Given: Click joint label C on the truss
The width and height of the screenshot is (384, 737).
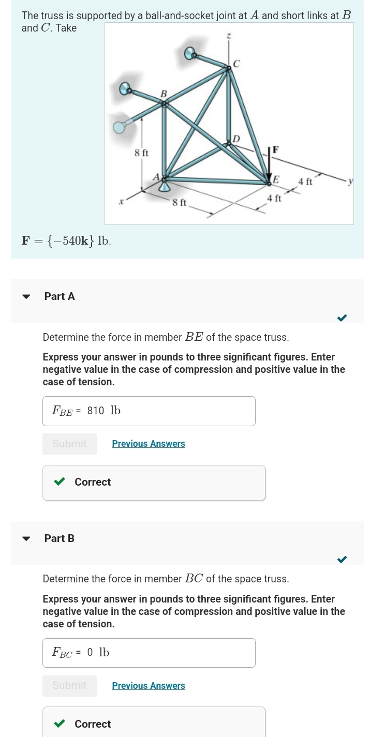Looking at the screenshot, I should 237,64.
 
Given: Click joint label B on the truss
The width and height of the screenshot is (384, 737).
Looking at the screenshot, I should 164,94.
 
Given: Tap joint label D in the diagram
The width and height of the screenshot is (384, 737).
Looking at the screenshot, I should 236,139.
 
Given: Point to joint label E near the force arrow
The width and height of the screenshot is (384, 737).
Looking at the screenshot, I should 276,179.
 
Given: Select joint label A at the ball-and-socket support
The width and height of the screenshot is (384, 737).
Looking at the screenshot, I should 155,177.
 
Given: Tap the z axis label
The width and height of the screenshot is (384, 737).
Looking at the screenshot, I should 228,36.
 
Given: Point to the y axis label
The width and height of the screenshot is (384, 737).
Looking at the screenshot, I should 350,181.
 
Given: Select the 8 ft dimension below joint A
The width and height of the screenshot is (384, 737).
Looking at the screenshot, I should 179,202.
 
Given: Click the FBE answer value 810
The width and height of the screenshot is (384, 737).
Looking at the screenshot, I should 96,411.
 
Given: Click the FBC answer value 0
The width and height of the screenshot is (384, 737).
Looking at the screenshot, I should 90,653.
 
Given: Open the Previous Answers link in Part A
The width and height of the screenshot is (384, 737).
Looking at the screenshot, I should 149,444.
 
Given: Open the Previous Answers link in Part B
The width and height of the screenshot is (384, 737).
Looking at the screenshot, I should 149,686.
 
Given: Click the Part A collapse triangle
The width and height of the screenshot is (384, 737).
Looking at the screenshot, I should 26,296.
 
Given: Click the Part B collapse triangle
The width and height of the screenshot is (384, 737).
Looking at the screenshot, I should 26,538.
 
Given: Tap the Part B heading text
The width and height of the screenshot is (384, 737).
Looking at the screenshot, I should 60,538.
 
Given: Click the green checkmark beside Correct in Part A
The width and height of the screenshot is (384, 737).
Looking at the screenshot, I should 60,482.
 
